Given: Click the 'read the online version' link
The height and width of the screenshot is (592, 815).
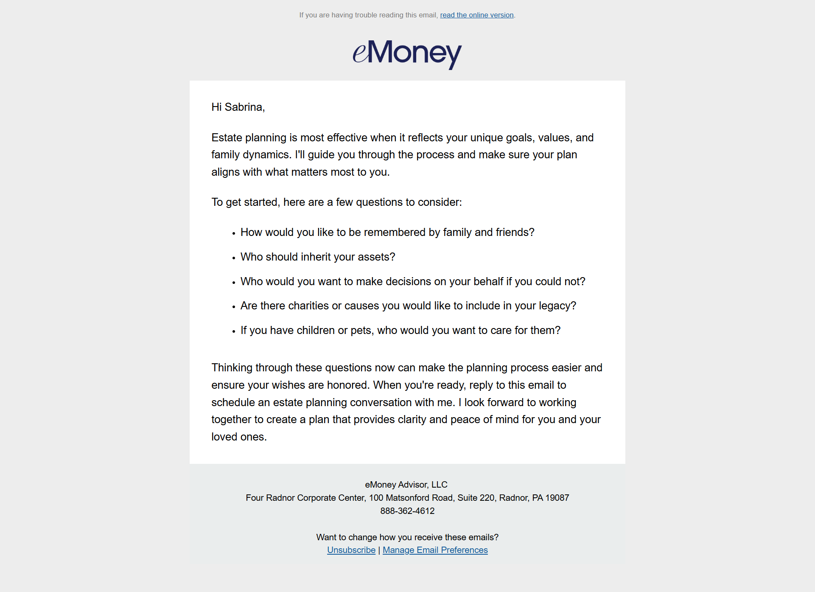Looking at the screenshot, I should pyautogui.click(x=476, y=15).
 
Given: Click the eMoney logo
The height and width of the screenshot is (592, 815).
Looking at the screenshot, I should pyautogui.click(x=407, y=54).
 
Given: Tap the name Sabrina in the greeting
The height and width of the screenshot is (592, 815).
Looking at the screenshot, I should pyautogui.click(x=244, y=107).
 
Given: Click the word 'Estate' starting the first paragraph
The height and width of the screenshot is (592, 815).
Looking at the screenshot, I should pyautogui.click(x=227, y=137).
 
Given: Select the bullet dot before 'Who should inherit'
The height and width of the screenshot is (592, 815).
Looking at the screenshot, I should pyautogui.click(x=234, y=258).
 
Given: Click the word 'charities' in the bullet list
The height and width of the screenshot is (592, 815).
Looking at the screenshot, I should pyautogui.click(x=308, y=306).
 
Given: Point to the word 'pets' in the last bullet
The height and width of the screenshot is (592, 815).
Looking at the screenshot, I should pyautogui.click(x=361, y=330).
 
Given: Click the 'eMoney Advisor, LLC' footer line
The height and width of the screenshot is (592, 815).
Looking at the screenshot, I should pyautogui.click(x=406, y=485).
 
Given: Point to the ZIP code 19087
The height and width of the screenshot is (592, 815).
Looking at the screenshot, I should pyautogui.click(x=557, y=498).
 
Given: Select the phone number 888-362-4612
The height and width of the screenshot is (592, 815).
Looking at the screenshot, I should pyautogui.click(x=407, y=511).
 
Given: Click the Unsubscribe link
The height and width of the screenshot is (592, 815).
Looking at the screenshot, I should pyautogui.click(x=351, y=550).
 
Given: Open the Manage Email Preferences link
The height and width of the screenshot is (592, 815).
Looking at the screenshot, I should pyautogui.click(x=435, y=550).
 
